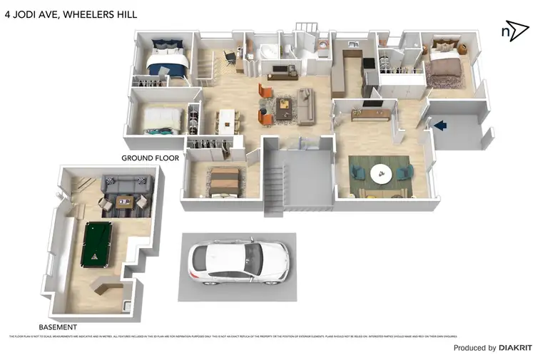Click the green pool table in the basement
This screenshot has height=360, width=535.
click(x=101, y=245)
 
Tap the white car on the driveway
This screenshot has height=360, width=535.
click(x=238, y=262)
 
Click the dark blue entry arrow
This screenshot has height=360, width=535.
click(x=440, y=125)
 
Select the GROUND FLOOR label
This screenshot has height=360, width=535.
click(x=150, y=158)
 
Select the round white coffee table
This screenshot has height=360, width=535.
click(x=379, y=173)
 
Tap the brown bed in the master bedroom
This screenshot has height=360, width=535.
click(x=445, y=66)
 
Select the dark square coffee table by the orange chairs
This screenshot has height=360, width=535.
click(x=285, y=106)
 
